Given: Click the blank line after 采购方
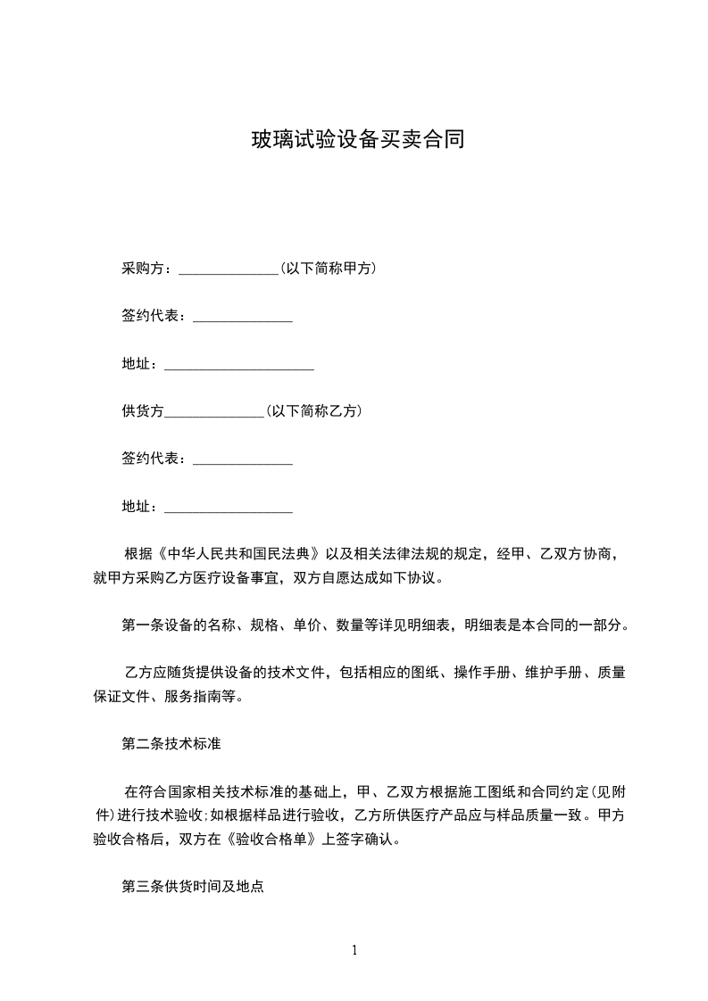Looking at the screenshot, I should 229,271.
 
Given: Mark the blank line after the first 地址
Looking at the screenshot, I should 239,367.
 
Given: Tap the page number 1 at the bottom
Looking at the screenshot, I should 354,949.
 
